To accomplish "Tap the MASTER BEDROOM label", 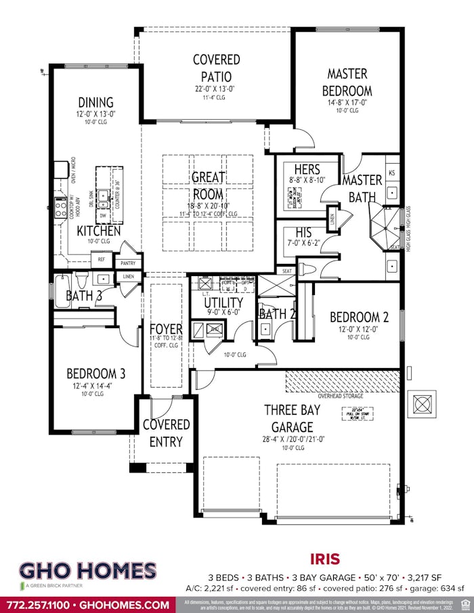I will pyautogui.click(x=347, y=82).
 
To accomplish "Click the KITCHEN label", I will pyautogui.click(x=98, y=231).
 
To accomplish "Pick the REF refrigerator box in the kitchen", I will pyautogui.click(x=101, y=259).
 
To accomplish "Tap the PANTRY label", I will pyautogui.click(x=128, y=263).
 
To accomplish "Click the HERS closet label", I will pyautogui.click(x=307, y=170).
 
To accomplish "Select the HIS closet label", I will pyautogui.click(x=303, y=232).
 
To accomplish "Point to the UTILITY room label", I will pyautogui.click(x=223, y=302).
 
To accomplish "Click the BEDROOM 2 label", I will pyautogui.click(x=359, y=317).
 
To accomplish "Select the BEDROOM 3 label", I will pyautogui.click(x=95, y=373).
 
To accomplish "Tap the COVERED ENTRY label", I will pyautogui.click(x=166, y=433).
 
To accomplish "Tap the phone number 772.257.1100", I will pyautogui.click(x=39, y=604).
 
